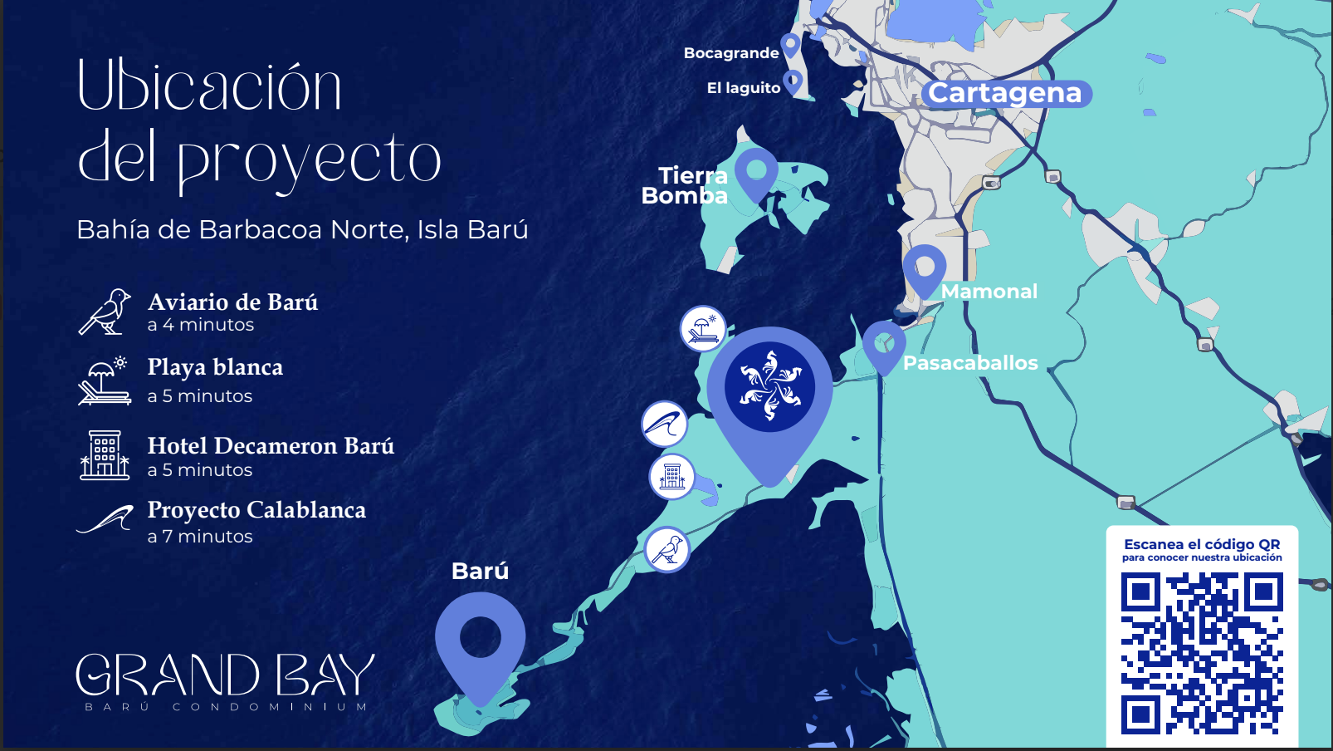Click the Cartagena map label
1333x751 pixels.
[x=1005, y=93]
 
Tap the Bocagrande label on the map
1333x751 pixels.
[x=731, y=53]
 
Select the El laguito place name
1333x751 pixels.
[x=744, y=88]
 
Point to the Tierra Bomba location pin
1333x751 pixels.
[x=756, y=172]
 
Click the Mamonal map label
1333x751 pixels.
[x=989, y=292]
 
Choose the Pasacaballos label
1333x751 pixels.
[x=970, y=363]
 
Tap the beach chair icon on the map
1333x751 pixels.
[x=703, y=329]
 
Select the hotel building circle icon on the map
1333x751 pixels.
[x=671, y=477]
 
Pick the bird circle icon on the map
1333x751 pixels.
[x=666, y=550]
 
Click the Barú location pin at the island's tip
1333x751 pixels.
[x=480, y=644]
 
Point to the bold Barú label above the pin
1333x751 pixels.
[x=480, y=572]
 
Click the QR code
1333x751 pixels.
[x=1201, y=654]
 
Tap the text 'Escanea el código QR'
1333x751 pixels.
[x=1201, y=544]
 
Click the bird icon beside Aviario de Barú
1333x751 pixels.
[x=105, y=312]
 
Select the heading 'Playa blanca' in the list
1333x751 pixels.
[x=215, y=367]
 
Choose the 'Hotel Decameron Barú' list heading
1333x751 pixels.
[x=271, y=446]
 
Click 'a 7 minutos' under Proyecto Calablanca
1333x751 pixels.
[x=200, y=537]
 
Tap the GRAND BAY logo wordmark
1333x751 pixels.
[x=225, y=675]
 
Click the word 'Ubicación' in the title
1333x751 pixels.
[x=209, y=86]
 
